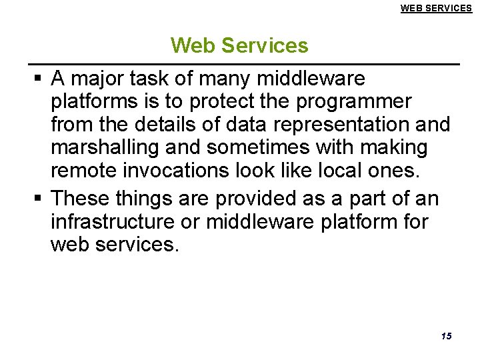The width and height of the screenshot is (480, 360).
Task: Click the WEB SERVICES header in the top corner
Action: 435,8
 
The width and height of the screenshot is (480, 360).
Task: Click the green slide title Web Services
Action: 239,45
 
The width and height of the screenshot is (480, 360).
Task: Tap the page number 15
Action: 446,335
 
